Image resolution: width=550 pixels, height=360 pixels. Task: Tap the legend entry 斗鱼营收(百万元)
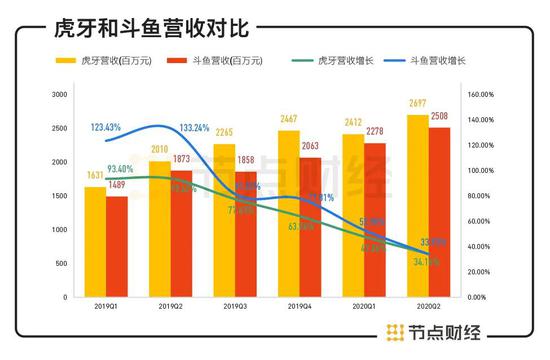[226, 61]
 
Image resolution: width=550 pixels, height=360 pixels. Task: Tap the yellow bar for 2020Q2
[417, 205]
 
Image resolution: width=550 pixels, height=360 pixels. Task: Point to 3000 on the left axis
[58, 94]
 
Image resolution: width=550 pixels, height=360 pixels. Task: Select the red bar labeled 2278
[375, 219]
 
